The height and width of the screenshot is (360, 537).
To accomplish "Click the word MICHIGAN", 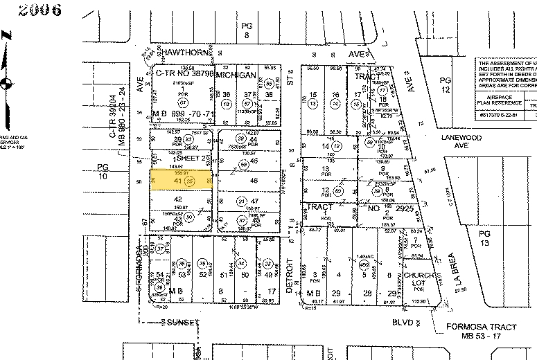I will click(x=237, y=74).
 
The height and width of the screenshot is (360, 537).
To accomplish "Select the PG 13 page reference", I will click(x=484, y=240).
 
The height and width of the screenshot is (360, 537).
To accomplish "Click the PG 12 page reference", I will click(x=446, y=84).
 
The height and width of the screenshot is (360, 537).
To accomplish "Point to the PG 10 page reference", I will click(x=104, y=172).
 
